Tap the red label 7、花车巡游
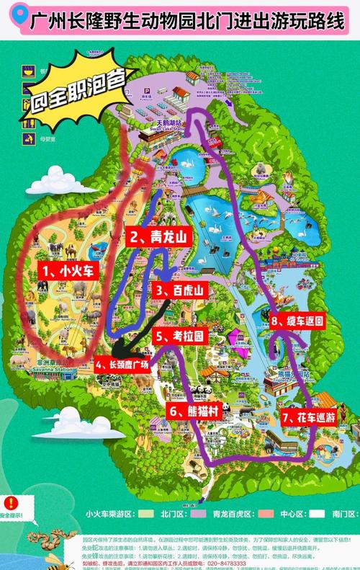(x=308, y=416)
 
